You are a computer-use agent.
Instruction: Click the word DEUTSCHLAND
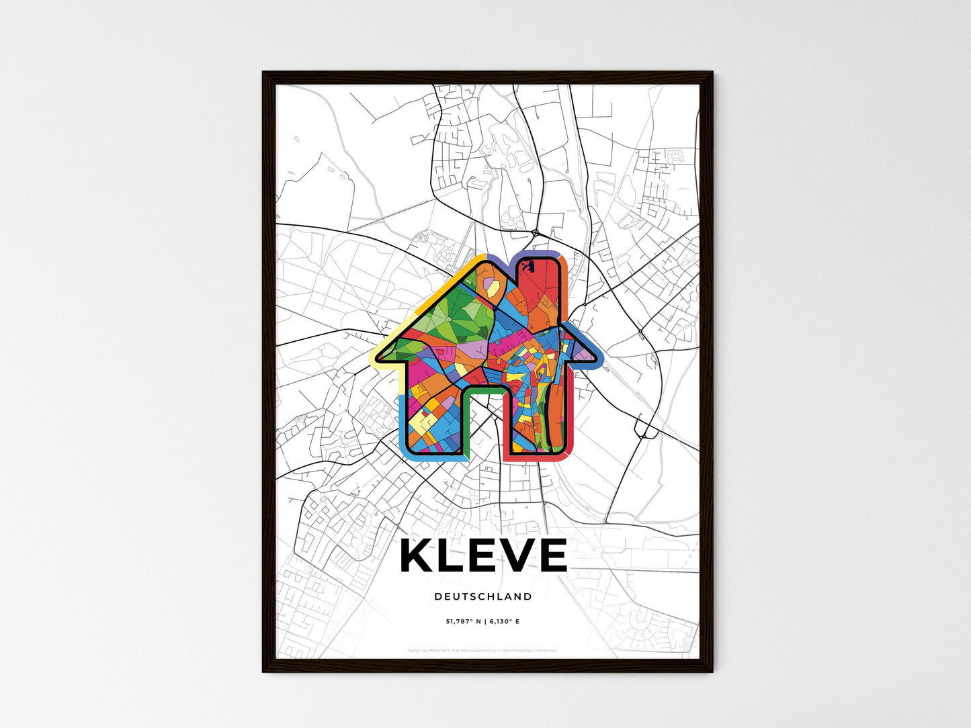482,596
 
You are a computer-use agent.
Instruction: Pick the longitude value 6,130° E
503,621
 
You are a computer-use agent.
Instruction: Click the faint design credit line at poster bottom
482,650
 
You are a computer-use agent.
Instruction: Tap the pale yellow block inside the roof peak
493,287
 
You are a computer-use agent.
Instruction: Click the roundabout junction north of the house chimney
535,233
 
